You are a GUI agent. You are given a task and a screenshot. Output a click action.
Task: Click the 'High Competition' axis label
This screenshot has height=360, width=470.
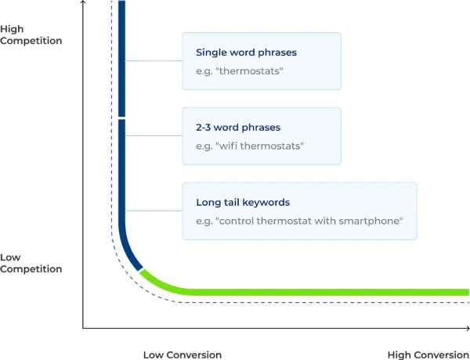click(31, 34)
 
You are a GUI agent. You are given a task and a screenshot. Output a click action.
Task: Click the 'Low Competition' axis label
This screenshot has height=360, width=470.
click(31, 263)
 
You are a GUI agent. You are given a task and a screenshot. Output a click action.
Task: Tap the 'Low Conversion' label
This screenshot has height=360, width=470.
click(183, 355)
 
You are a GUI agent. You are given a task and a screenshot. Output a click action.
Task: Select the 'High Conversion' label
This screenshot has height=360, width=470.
click(428, 355)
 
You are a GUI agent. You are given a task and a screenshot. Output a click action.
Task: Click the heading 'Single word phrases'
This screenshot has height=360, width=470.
click(246, 52)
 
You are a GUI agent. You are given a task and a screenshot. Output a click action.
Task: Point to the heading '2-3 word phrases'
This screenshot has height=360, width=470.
click(238, 128)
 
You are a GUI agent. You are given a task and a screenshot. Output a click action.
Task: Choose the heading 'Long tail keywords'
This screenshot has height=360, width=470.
click(243, 202)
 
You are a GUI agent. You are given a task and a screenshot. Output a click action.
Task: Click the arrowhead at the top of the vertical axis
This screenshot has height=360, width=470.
click(83, 2)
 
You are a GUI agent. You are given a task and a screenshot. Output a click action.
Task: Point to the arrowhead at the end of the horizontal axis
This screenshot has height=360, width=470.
click(468, 328)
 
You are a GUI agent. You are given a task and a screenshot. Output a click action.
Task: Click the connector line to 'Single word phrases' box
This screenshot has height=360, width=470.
click(154, 60)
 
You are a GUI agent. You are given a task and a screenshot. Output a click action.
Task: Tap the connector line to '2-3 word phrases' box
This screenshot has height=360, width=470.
click(154, 135)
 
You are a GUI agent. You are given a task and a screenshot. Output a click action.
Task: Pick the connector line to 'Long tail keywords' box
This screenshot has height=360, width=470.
click(154, 211)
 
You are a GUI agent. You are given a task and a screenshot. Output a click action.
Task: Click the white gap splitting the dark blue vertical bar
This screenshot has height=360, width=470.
click(121, 118)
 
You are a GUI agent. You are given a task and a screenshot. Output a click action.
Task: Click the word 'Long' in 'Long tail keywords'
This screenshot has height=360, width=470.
click(206, 203)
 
